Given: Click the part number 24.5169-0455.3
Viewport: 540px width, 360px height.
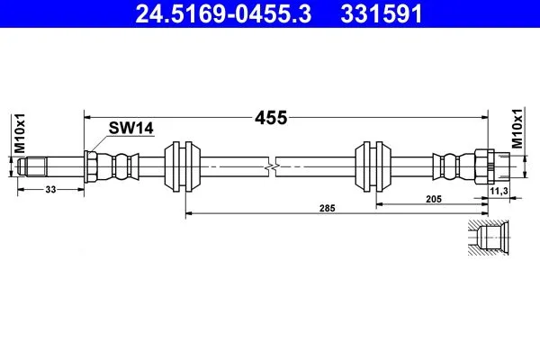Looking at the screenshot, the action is pos(223,14).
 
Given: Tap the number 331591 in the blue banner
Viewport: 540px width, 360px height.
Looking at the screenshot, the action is pos(382,14).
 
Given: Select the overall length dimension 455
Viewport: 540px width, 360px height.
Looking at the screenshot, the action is pos(271,118).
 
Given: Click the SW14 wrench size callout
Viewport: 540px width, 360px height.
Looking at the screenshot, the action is pos(130,128).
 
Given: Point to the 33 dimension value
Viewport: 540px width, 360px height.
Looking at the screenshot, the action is pos(50,190).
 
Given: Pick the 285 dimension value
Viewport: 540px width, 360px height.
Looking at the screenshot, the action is pos(327,208).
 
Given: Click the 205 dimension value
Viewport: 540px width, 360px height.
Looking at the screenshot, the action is pos(433,199).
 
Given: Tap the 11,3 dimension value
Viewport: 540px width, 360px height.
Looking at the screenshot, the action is pos(499,191).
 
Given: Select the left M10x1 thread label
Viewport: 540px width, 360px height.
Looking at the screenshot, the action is pos(20,133).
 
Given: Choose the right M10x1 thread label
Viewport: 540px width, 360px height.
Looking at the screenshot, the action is pos(517,128).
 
